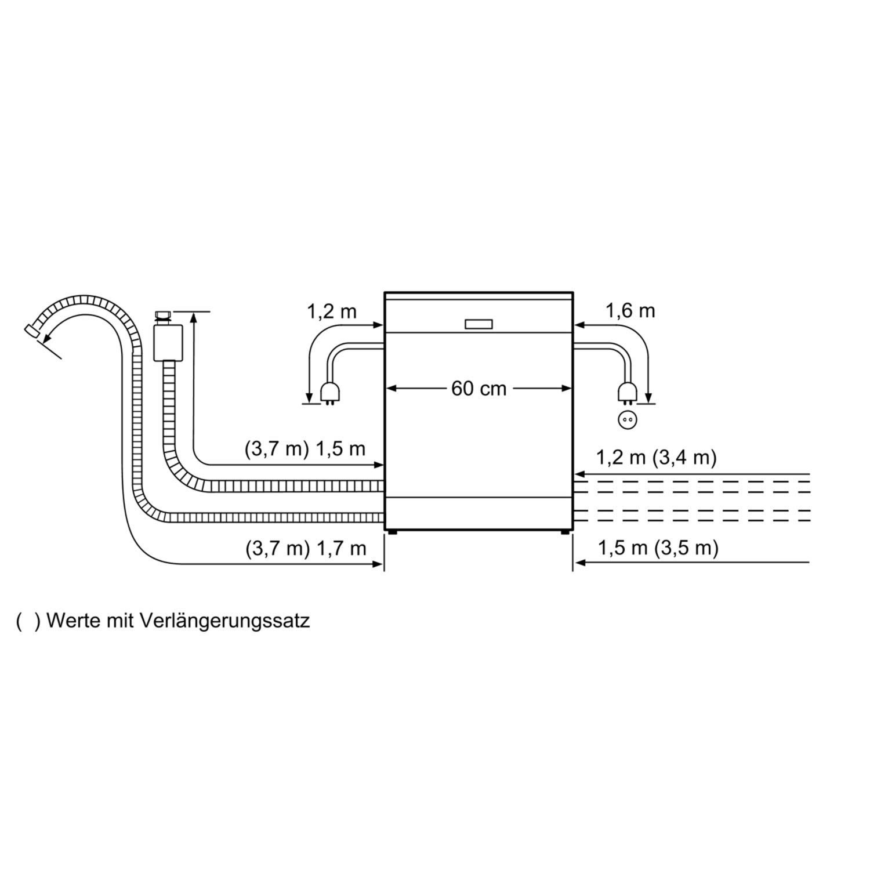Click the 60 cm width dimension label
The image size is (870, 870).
pos(478,389)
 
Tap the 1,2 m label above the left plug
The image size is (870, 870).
pos(332,311)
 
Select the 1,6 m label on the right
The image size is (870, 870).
pos(630,311)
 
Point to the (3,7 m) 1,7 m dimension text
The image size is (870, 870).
pos(306,548)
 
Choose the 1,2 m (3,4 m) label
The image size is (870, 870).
pos(657,458)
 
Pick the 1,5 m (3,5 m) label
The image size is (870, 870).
pos(658,548)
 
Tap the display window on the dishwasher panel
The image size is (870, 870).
pos(478,324)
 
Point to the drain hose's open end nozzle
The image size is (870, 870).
pos(31,330)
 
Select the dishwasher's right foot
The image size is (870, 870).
pos(564,532)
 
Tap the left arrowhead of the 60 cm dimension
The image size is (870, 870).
pos(391,389)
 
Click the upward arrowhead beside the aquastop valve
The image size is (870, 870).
pos(193,317)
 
